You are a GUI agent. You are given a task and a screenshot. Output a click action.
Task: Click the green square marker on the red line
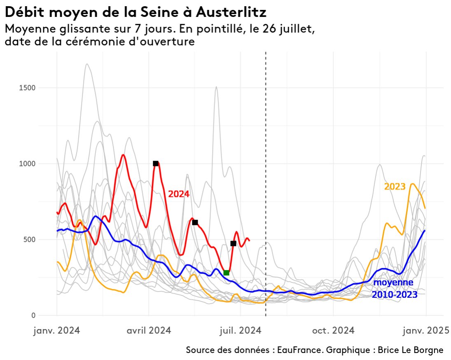click(226, 273)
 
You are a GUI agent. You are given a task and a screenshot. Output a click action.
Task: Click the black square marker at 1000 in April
click(156, 164)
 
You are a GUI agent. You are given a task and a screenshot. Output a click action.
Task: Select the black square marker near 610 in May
click(195, 222)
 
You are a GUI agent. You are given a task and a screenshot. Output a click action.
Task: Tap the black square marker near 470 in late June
click(233, 243)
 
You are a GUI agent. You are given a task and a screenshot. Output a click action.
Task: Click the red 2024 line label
click(179, 194)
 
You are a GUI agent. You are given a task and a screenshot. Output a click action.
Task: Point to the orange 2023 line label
click(395, 187)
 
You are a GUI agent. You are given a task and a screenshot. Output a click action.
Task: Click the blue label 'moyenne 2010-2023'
click(395, 289)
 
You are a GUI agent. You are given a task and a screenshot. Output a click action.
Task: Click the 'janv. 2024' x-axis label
click(56, 330)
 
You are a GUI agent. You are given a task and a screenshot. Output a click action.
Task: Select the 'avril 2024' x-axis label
click(148, 330)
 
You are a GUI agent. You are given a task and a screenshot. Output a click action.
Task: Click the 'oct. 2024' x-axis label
click(333, 330)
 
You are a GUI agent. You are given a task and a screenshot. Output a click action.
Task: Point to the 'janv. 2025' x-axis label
click(425, 330)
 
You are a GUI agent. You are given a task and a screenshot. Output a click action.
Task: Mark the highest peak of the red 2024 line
click(123, 155)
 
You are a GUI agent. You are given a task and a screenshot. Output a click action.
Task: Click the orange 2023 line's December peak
click(412, 184)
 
